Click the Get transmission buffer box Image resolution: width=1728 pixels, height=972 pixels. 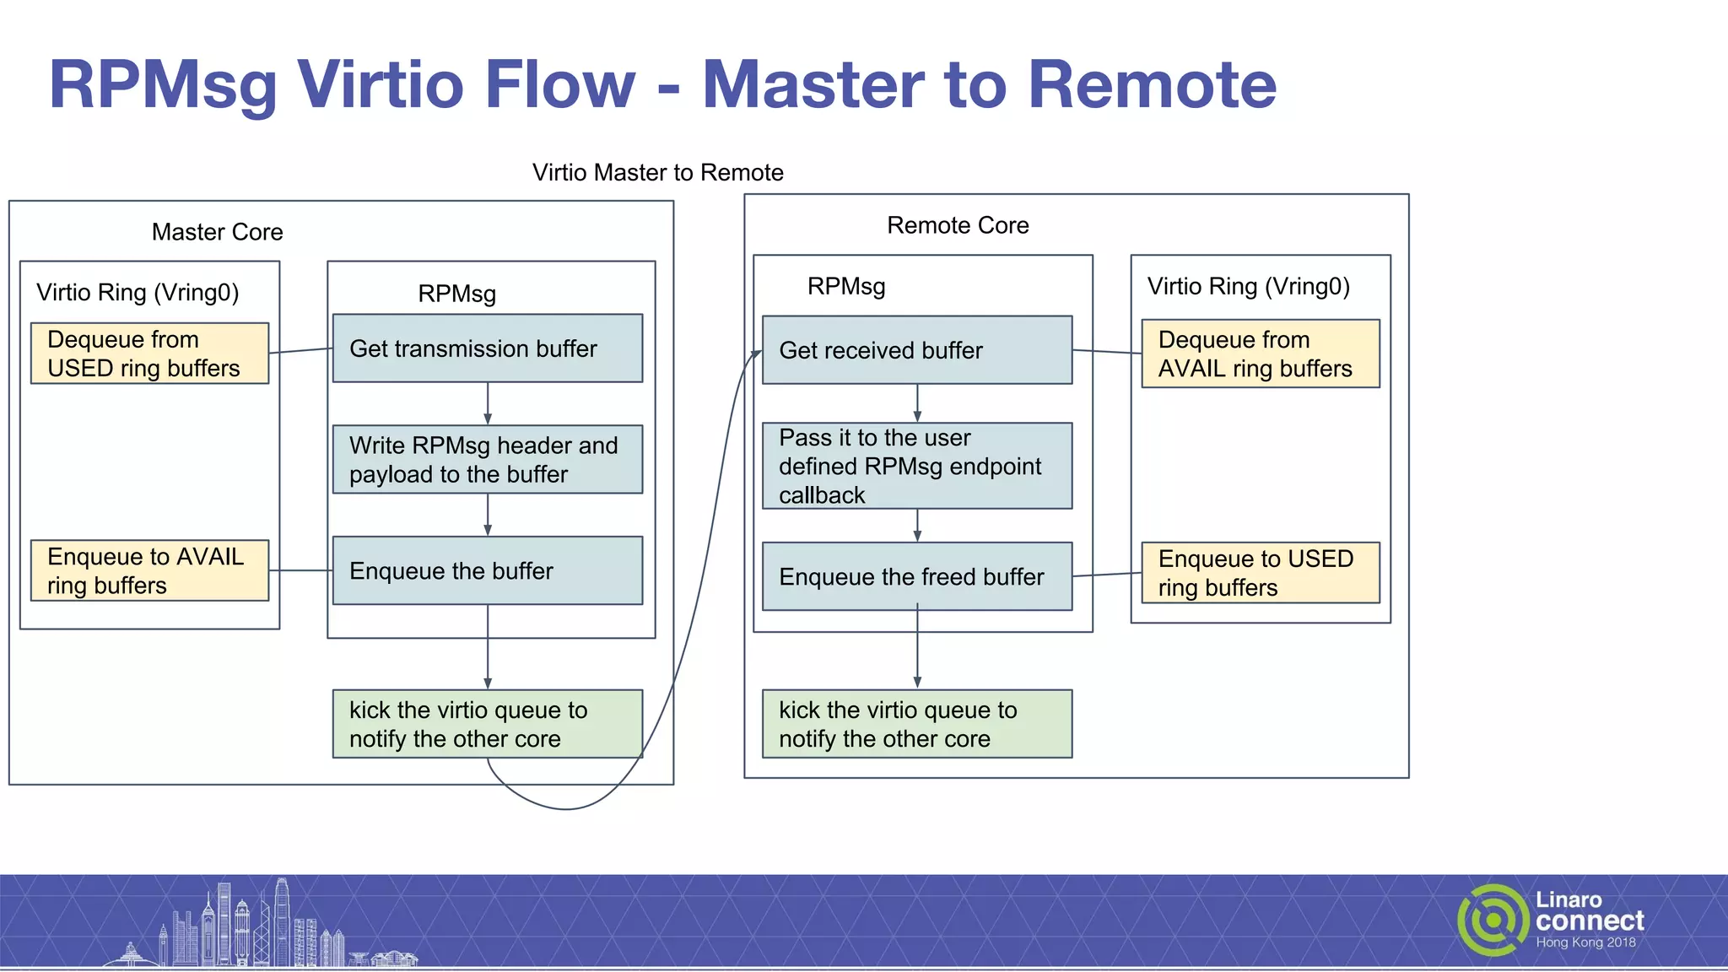(x=487, y=348)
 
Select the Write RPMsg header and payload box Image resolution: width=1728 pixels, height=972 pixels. (x=487, y=459)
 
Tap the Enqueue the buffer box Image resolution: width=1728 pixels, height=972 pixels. (x=487, y=570)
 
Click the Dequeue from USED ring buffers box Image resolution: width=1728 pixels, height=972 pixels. (x=149, y=354)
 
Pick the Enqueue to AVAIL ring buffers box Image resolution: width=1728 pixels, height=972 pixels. (x=149, y=570)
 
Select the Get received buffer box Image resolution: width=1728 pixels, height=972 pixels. (x=916, y=350)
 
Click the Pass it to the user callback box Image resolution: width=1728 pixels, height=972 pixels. (x=916, y=466)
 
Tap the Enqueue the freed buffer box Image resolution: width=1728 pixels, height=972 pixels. (x=916, y=576)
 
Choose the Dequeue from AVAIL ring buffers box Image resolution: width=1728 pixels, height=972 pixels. (x=1260, y=354)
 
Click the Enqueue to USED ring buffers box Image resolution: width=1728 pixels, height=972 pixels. (x=1260, y=573)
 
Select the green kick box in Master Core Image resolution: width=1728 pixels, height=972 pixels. (x=487, y=724)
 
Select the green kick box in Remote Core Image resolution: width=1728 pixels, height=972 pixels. (x=916, y=724)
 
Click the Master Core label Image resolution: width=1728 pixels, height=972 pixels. (x=217, y=232)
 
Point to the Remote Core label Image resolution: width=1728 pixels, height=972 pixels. (x=958, y=225)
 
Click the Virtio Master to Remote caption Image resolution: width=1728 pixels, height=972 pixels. (x=657, y=172)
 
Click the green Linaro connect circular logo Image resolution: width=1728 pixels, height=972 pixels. (x=1492, y=920)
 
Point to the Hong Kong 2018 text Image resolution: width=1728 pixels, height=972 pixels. (x=1585, y=942)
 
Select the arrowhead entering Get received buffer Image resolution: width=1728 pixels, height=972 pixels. (x=757, y=354)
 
